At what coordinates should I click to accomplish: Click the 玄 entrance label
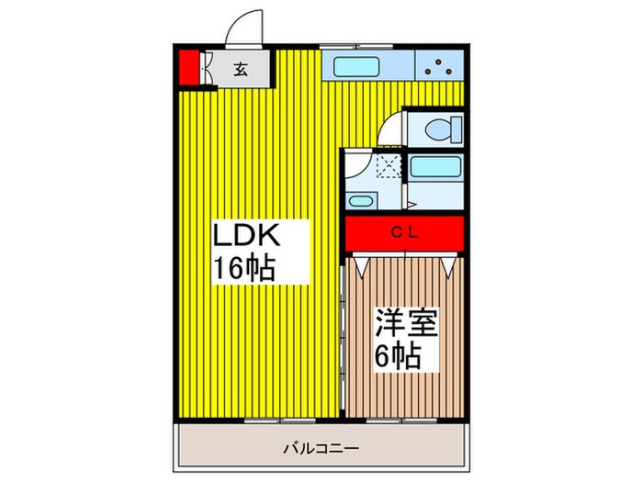(x=238, y=68)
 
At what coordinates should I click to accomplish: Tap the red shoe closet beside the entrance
(x=187, y=67)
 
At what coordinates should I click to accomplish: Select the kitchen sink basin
(x=356, y=66)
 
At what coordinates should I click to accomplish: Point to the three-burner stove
(x=439, y=67)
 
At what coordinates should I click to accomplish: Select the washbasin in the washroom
(x=361, y=201)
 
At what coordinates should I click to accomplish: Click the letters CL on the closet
(x=405, y=232)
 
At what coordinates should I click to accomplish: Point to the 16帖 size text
(x=245, y=270)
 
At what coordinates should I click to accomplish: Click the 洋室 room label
(x=404, y=324)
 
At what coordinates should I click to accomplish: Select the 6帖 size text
(x=397, y=355)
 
